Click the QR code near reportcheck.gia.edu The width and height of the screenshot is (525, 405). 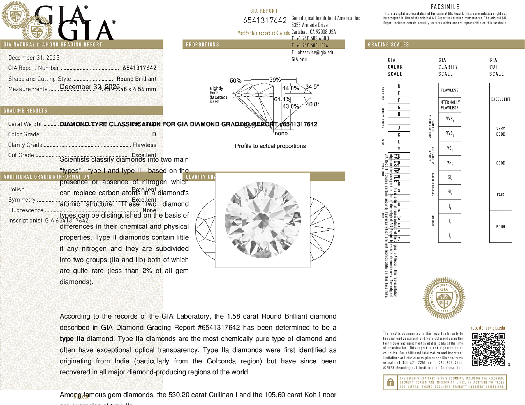coord(488,349)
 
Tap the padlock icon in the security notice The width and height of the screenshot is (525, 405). coord(390,382)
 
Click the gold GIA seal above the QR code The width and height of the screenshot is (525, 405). coord(444,298)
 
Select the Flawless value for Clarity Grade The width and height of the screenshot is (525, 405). coord(144,145)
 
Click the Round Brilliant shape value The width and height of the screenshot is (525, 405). coord(137,79)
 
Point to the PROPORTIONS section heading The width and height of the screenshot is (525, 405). coord(202,45)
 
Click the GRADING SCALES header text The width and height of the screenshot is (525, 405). coord(388,45)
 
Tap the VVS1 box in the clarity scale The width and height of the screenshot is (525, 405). coord(450,119)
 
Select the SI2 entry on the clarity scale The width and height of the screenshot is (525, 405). coord(450,192)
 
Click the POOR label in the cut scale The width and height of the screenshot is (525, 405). coord(501,227)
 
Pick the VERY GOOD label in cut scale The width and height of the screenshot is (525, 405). coord(501,131)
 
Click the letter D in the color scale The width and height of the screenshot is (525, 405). coord(399,86)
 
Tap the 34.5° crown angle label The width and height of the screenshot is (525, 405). coord(312,87)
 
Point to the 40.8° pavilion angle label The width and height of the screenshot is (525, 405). coord(313,104)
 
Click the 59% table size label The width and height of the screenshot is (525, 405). coord(275,80)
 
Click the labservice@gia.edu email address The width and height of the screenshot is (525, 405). coord(315,52)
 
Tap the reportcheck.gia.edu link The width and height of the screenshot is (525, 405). coord(488,328)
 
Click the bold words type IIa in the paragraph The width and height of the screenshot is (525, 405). coord(72,339)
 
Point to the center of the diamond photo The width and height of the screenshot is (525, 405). coord(263,220)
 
